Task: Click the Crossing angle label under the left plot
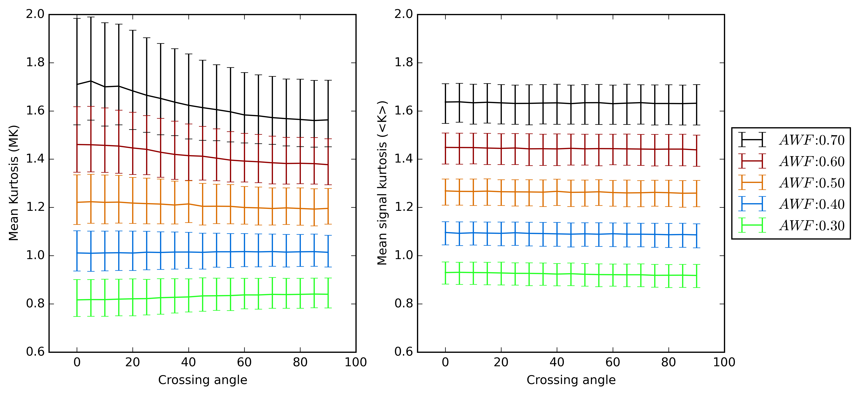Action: [x=202, y=380]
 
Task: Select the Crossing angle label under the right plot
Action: [x=571, y=380]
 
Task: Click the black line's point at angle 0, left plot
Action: [x=77, y=84]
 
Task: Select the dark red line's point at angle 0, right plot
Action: [x=446, y=147]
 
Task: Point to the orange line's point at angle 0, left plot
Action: [x=77, y=202]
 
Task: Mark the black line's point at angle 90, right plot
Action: [x=696, y=103]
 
